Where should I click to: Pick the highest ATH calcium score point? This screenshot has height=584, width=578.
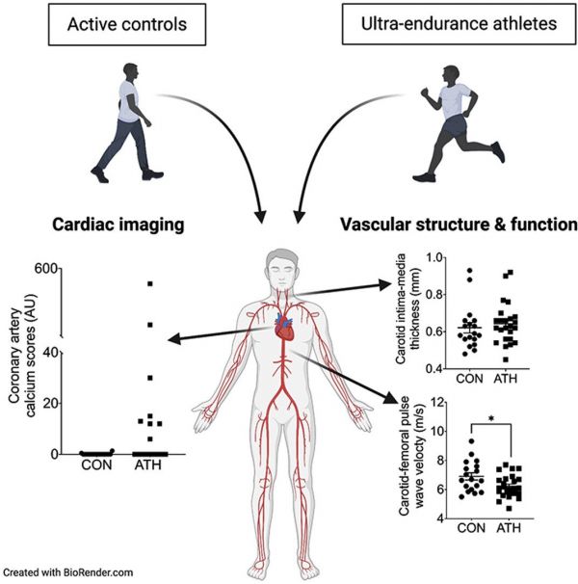click(x=149, y=283)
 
